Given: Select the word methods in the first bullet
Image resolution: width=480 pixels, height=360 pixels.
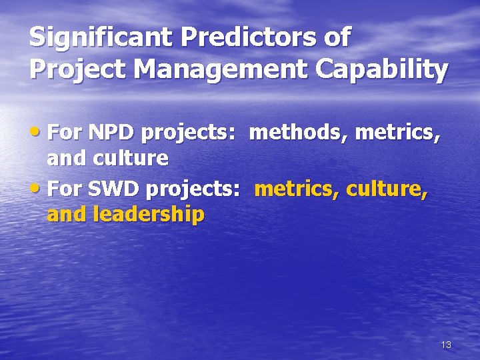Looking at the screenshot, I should click(298, 133).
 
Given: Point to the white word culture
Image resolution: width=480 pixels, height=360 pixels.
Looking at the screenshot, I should click(130, 158).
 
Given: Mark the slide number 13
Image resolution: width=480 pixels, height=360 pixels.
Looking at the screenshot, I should click(446, 345).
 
